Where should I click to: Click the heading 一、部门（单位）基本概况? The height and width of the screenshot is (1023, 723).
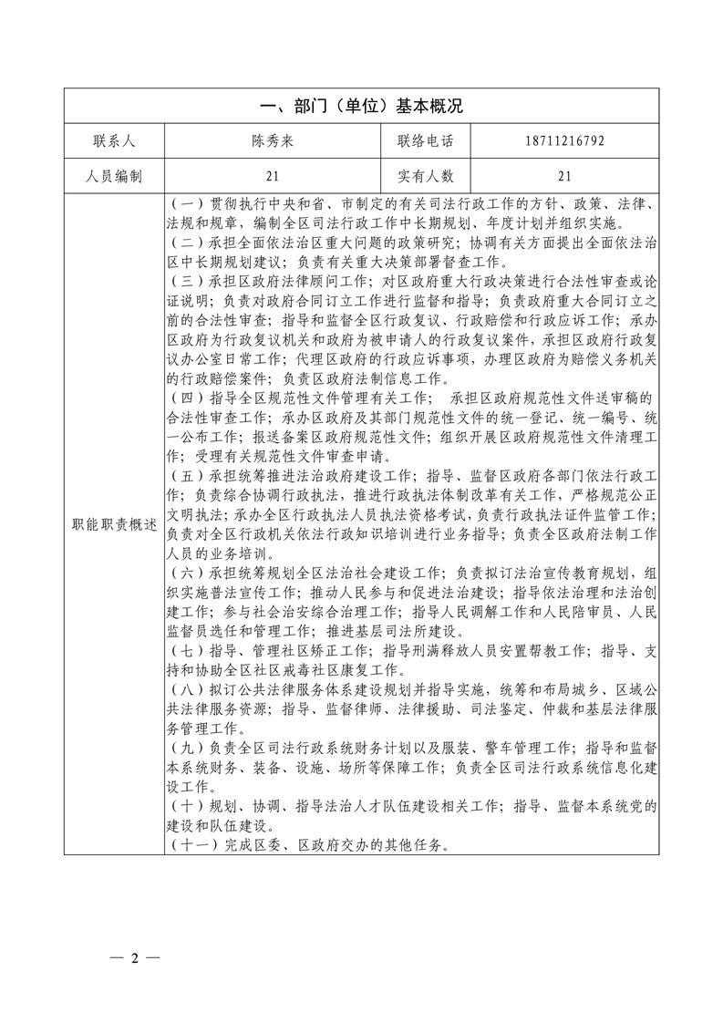tap(361, 106)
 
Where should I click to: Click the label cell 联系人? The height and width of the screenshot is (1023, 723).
tap(113, 141)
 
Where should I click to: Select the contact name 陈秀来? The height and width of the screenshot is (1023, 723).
tap(271, 141)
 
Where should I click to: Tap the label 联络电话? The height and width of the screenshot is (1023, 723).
tap(425, 141)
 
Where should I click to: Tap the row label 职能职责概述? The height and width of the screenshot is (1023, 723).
tap(113, 526)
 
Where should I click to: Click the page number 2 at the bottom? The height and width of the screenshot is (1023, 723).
tap(134, 959)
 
